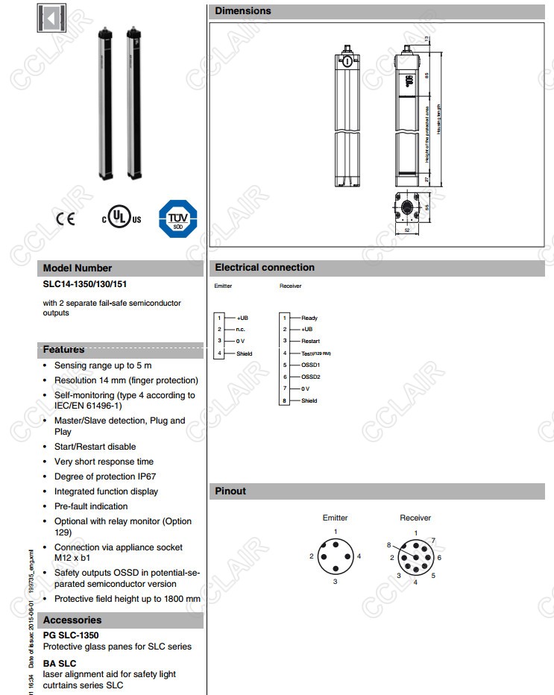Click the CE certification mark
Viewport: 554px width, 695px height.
pyautogui.click(x=65, y=219)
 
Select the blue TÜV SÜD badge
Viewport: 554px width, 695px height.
pyautogui.click(x=177, y=218)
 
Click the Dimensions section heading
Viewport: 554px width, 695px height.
pyautogui.click(x=243, y=11)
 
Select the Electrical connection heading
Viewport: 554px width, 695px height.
pyautogui.click(x=265, y=268)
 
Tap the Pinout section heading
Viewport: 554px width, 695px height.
pyautogui.click(x=230, y=491)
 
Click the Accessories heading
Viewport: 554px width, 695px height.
pyautogui.click(x=72, y=620)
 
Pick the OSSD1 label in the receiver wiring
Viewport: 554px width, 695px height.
pyautogui.click(x=310, y=365)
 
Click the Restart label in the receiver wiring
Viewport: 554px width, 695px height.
pyautogui.click(x=310, y=341)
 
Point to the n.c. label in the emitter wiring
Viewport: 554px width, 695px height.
pyautogui.click(x=242, y=330)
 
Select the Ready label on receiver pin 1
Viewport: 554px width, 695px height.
pyautogui.click(x=309, y=318)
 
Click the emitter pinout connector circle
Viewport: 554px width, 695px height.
pyautogui.click(x=336, y=556)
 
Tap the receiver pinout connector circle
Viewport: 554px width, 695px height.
pyautogui.click(x=415, y=556)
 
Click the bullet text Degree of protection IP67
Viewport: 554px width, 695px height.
pyautogui.click(x=104, y=477)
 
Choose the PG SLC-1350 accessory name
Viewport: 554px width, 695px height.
pyautogui.click(x=71, y=635)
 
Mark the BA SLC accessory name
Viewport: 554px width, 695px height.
pyautogui.click(x=60, y=663)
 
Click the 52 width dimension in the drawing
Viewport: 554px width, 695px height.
pyautogui.click(x=407, y=231)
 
